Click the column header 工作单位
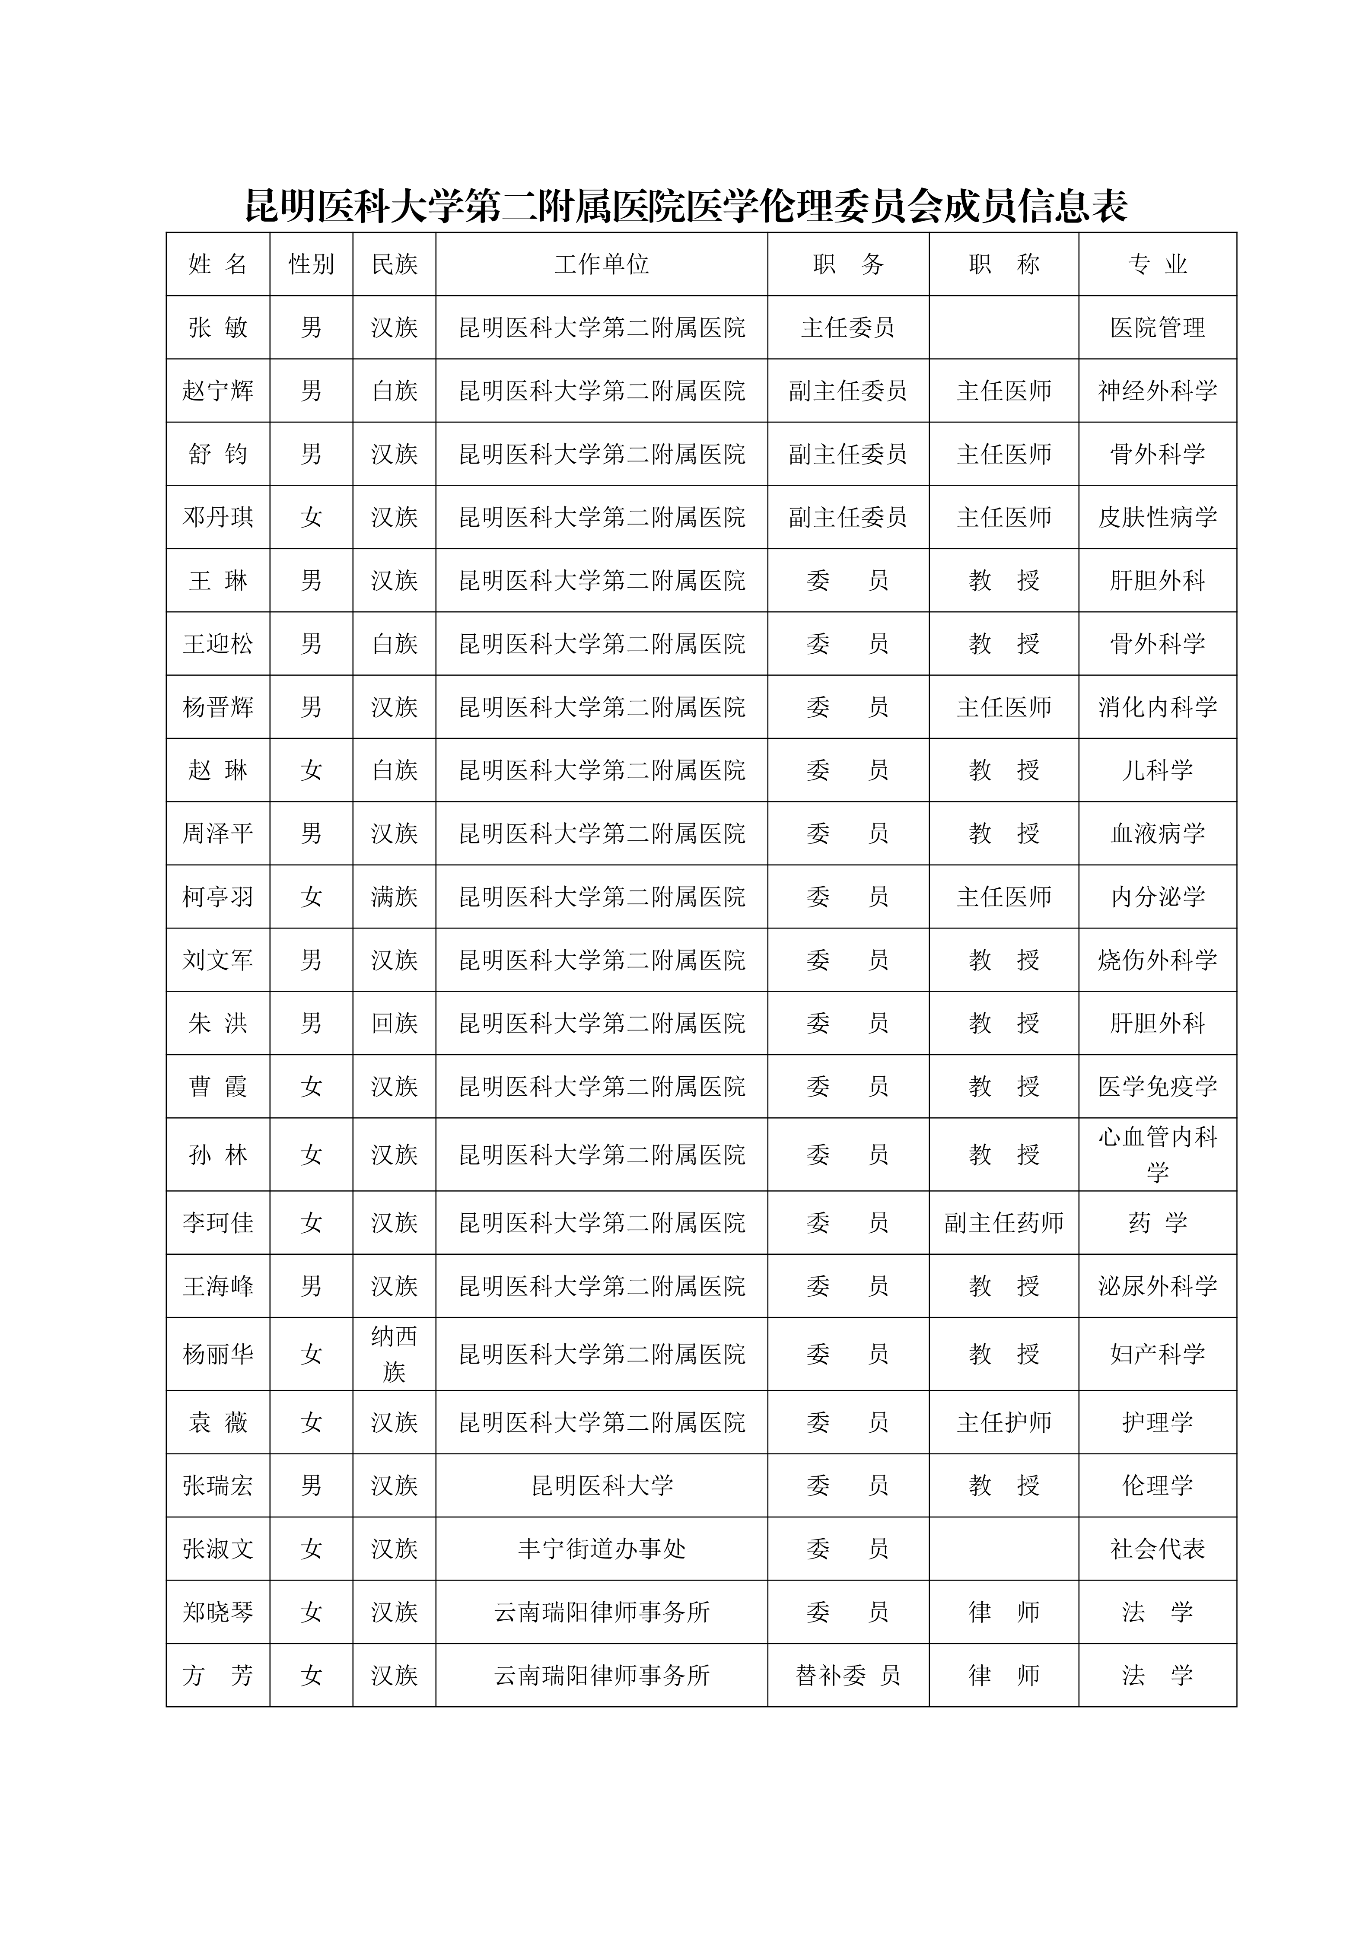[x=602, y=264]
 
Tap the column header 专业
[x=1157, y=264]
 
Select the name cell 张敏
[x=218, y=328]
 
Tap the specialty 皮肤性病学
[x=1157, y=517]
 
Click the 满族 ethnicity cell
[x=395, y=897]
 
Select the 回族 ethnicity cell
[x=395, y=1023]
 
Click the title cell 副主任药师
[x=1004, y=1223]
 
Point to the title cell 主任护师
[x=1004, y=1422]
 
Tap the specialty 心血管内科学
[x=1157, y=1154]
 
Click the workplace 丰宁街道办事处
[x=602, y=1549]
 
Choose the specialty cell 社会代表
[x=1157, y=1549]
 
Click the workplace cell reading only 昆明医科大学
[x=602, y=1485]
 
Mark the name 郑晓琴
[x=218, y=1612]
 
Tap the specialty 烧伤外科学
[x=1157, y=960]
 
